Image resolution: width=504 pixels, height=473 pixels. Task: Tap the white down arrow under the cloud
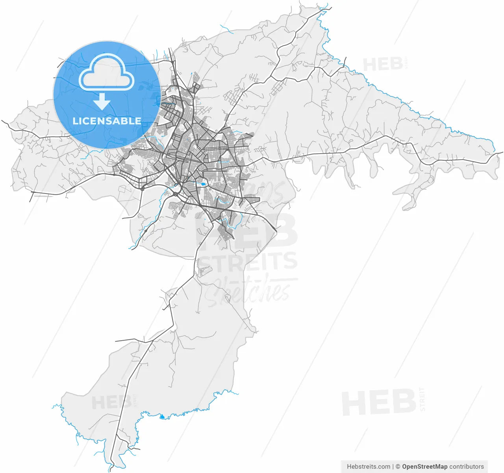coord(102,102)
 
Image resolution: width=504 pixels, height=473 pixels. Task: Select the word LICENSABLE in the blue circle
coord(107,121)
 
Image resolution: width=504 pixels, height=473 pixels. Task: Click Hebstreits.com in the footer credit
coord(368,467)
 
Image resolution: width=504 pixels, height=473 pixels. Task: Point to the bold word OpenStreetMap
coord(424,467)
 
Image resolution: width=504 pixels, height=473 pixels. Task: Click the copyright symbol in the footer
coord(398,467)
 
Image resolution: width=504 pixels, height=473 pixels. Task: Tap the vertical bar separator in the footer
coord(393,467)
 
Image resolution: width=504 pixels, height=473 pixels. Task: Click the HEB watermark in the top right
coord(382,64)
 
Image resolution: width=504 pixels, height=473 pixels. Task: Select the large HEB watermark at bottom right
coord(378,403)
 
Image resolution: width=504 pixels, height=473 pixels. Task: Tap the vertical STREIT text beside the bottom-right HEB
coord(422,399)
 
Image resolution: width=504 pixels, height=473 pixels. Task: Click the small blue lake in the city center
coord(203,184)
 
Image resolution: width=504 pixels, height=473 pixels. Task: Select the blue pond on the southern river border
coord(161,416)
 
